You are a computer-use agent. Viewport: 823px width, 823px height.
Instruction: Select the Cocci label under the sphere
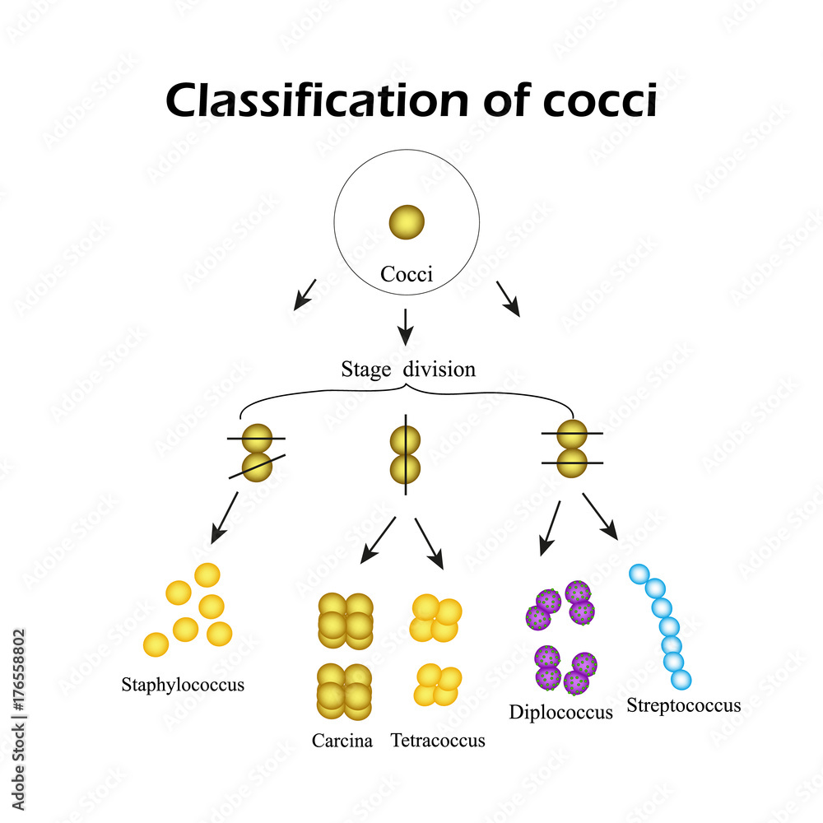tap(407, 274)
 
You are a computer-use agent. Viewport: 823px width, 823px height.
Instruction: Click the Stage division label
tap(408, 370)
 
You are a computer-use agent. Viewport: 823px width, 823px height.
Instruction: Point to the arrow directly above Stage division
tap(404, 327)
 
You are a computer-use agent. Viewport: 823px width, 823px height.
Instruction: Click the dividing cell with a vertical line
tap(406, 455)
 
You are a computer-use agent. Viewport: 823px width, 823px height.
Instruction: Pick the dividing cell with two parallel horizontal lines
tap(572, 449)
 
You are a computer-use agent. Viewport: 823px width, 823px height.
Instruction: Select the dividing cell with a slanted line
tap(257, 452)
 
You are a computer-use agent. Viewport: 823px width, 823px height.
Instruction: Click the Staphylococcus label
tap(183, 684)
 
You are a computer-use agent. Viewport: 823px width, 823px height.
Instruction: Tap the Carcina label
tap(342, 741)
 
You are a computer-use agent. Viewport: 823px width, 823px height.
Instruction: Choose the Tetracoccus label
tap(438, 741)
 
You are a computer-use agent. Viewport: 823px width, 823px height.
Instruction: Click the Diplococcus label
tap(560, 712)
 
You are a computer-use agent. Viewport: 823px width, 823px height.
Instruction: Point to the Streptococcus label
tap(683, 705)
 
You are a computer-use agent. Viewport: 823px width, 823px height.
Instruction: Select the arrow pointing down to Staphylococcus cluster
tap(224, 518)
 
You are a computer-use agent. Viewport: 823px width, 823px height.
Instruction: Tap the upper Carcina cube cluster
tap(345, 618)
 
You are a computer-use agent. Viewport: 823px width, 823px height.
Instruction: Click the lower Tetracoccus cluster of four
tap(436, 684)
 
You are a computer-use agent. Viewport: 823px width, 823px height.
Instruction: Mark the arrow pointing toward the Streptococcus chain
tap(600, 516)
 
